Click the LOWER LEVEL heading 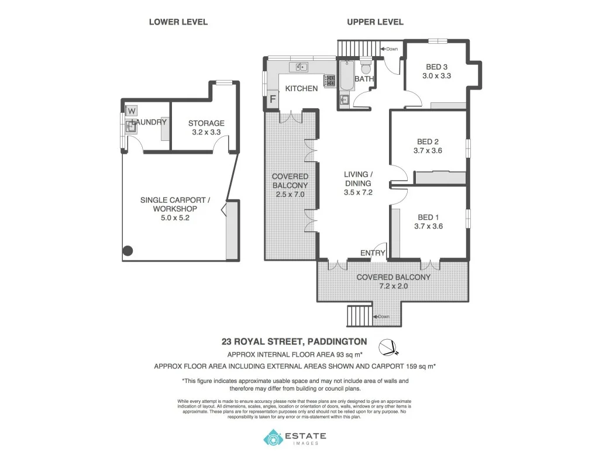point(178,22)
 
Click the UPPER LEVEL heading point(375,22)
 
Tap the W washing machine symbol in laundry point(132,111)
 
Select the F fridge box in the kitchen point(272,101)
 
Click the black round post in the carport point(128,251)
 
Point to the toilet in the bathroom point(366,68)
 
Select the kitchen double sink point(302,67)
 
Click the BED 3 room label point(436,67)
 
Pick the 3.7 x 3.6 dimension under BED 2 point(428,150)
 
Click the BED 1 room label point(428,217)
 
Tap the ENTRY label point(373,253)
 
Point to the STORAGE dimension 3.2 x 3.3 point(206,132)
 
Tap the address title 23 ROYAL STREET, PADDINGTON point(294,341)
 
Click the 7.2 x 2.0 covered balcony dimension point(393,286)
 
